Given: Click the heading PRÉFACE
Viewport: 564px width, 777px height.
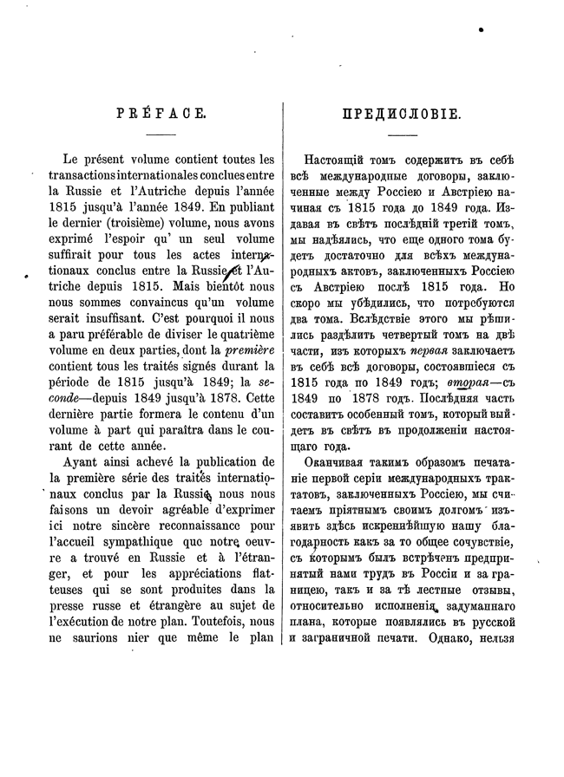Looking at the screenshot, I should click(162, 114).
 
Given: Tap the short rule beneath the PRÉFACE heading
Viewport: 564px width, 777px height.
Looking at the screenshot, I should click(161, 136).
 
